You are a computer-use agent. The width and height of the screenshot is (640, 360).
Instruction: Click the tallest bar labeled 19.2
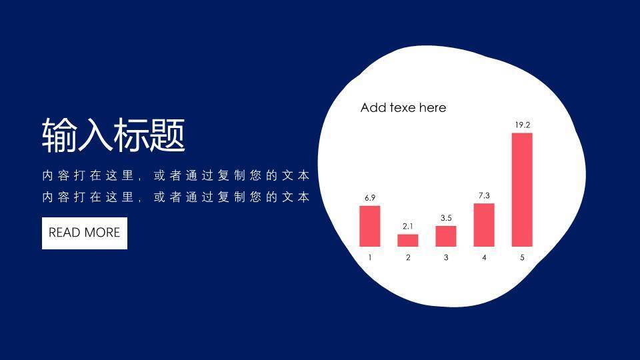(x=522, y=190)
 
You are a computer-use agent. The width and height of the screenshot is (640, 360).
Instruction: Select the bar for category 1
(x=370, y=226)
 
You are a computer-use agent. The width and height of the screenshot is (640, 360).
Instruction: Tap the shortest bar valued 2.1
(x=408, y=241)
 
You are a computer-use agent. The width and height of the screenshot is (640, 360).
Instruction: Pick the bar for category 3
(x=446, y=236)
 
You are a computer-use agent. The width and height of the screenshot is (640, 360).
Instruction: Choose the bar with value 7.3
(x=484, y=225)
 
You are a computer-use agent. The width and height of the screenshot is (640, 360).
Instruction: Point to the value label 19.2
(x=523, y=125)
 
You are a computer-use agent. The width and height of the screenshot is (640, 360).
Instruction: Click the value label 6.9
(x=370, y=198)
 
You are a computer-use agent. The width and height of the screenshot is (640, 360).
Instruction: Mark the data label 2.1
(x=408, y=226)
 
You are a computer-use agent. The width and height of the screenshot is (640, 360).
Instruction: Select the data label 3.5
(x=446, y=218)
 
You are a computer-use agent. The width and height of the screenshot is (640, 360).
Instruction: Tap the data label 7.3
(x=484, y=195)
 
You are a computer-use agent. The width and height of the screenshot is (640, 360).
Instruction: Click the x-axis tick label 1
(x=370, y=257)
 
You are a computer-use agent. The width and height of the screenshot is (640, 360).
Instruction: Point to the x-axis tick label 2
(x=408, y=257)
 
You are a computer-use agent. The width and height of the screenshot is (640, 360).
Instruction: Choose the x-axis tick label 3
(x=446, y=257)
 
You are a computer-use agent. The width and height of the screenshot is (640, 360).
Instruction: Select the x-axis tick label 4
(x=484, y=257)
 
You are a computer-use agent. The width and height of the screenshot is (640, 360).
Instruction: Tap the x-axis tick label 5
(x=522, y=257)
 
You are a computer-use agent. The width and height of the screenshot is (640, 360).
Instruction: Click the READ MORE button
(x=85, y=233)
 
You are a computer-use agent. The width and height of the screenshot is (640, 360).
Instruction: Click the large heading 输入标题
(x=114, y=135)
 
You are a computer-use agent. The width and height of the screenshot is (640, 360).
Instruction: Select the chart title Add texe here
(x=403, y=108)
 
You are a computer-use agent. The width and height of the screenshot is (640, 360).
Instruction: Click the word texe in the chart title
(x=403, y=108)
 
